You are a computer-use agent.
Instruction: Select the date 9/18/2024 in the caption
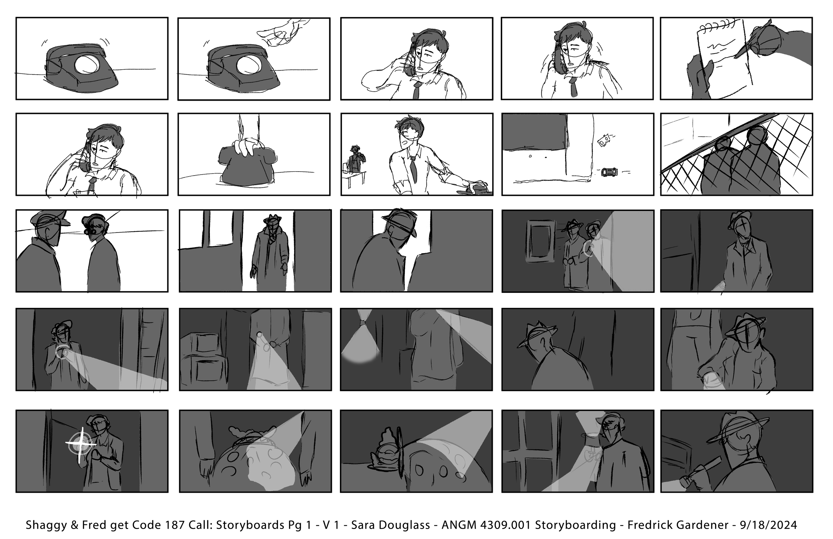[x=768, y=525]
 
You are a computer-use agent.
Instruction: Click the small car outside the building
[x=609, y=172]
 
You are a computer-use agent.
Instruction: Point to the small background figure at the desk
[x=356, y=159]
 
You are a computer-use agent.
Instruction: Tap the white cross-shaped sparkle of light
[x=81, y=444]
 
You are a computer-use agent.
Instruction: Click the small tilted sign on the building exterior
[x=604, y=141]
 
